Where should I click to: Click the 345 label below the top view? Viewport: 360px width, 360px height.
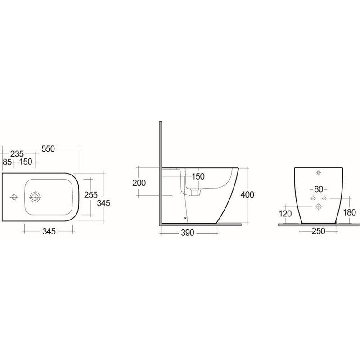click(x=49, y=232)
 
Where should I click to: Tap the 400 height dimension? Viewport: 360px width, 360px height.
click(x=247, y=194)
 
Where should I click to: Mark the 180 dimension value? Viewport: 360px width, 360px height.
click(x=349, y=213)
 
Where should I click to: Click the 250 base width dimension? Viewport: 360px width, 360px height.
click(x=319, y=232)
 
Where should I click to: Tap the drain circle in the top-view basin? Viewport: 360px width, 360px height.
click(x=34, y=197)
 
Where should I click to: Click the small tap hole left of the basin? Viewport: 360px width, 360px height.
click(x=13, y=197)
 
